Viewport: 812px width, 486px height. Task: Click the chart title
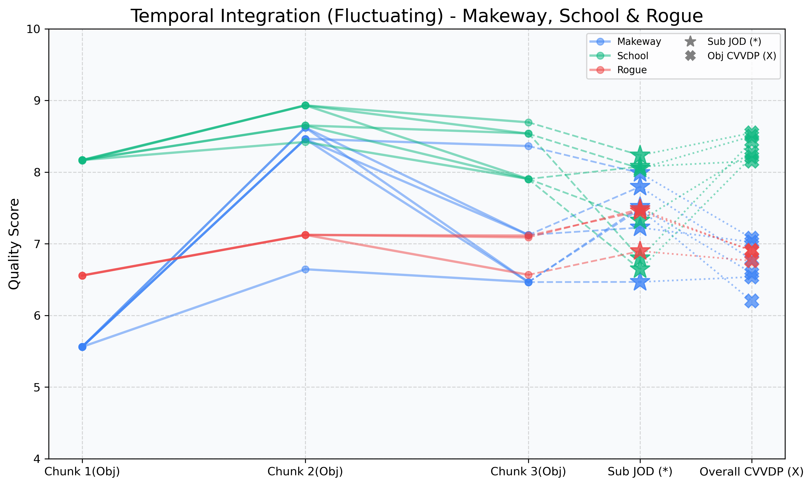[416, 16]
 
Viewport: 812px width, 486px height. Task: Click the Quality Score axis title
[14, 244]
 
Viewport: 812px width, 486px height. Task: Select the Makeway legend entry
[638, 42]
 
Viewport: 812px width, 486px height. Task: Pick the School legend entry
[632, 56]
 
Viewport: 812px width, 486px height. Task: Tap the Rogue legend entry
[632, 70]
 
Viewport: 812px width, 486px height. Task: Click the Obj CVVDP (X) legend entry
[742, 56]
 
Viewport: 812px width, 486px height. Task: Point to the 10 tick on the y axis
[33, 29]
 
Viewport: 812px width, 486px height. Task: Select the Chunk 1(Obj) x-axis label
[82, 472]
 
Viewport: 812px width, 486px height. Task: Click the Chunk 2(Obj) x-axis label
[305, 472]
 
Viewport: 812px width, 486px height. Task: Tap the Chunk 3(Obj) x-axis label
[528, 472]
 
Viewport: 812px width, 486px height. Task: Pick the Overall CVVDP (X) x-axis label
[751, 472]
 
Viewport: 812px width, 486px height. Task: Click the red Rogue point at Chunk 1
[82, 276]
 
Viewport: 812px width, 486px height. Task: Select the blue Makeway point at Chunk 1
[82, 347]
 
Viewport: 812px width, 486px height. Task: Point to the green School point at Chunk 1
[82, 160]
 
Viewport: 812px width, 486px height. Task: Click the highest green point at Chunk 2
[305, 105]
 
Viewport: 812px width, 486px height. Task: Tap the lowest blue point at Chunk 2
[305, 269]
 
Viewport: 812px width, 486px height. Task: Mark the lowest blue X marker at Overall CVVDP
[752, 301]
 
